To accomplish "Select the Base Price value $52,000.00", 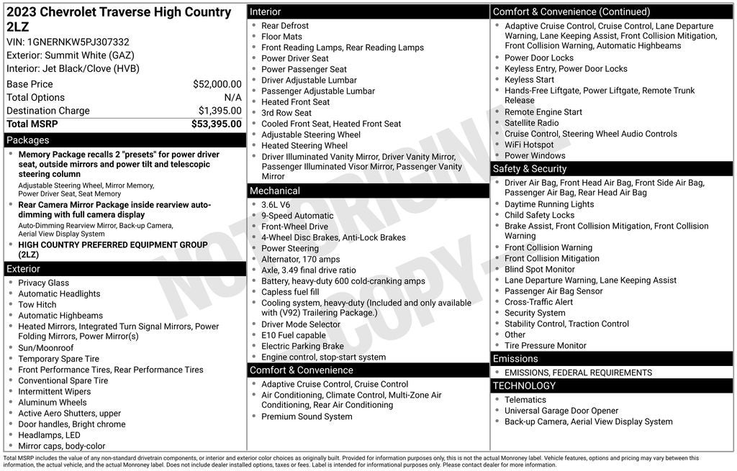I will coord(217,84).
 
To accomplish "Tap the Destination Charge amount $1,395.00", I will coord(220,111).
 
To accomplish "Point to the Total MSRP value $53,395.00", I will coord(216,124).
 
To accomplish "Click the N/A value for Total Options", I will coord(232,97).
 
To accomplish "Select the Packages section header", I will coord(28,140).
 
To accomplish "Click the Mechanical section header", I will coord(274,191).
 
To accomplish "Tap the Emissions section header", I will coord(515,359).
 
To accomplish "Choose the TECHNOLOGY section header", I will coord(524,386).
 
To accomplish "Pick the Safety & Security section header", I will coord(530,169).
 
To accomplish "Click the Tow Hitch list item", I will coord(37,305).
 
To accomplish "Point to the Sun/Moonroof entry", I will coord(46,348).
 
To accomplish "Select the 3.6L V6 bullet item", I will coord(276,205).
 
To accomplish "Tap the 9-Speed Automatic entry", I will coord(297,216).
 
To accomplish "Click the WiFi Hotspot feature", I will coord(529,145).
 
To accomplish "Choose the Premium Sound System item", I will coord(307,417).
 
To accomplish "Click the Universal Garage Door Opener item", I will coord(561,411).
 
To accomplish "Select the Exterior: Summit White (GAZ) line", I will coord(71,55).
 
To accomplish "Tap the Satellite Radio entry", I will coord(531,123).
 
